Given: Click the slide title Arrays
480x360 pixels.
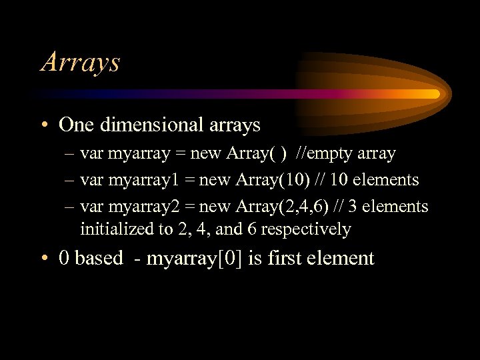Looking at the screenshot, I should click(80, 62).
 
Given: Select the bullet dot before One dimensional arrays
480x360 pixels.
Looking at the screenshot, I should click(46, 125).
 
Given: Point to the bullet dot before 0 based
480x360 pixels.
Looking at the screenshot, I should click(46, 259).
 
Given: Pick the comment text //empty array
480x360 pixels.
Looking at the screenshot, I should click(346, 153).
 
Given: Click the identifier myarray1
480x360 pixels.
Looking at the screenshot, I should click(137, 180).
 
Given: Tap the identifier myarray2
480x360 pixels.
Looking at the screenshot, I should click(138, 207).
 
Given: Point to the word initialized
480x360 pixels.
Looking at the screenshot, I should click(113, 229).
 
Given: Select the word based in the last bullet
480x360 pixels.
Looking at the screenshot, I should click(99, 258).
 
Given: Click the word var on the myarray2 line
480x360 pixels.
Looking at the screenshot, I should click(91, 207).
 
